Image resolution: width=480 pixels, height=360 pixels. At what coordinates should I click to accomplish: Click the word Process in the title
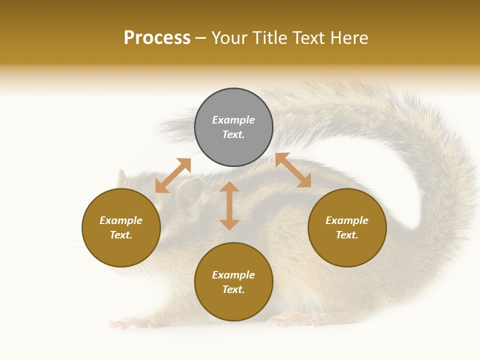click(157, 38)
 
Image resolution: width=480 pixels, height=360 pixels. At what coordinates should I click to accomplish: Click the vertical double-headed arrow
click(229, 205)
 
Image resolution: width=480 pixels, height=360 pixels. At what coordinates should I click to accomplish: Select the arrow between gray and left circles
click(173, 175)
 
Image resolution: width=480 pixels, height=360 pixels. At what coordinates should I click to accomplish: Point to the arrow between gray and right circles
click(293, 170)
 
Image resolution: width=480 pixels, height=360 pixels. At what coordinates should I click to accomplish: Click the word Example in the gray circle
click(233, 120)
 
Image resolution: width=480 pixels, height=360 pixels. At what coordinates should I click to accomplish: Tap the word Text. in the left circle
click(121, 235)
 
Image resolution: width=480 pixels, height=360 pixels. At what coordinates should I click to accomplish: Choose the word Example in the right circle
click(347, 220)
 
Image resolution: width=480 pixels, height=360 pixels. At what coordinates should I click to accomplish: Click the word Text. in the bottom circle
click(233, 289)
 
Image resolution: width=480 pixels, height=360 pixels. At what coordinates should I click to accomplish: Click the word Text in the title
click(305, 38)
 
